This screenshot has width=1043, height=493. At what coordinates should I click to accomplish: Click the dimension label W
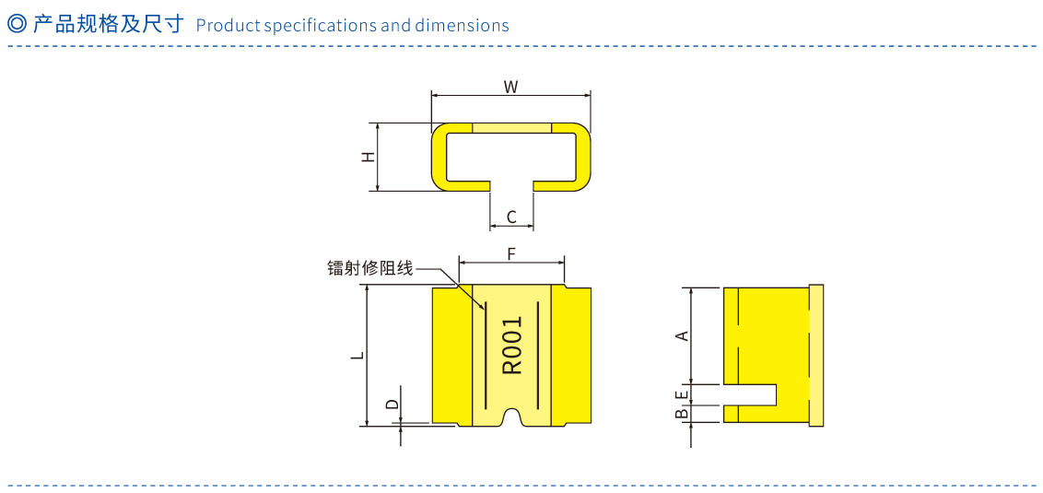click(510, 87)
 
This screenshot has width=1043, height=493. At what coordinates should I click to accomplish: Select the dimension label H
click(368, 157)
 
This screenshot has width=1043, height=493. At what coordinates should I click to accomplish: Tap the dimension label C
click(511, 217)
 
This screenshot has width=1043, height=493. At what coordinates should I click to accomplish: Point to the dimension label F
click(511, 252)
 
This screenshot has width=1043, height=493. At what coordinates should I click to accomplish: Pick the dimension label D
click(393, 404)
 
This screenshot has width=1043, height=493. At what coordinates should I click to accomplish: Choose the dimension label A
click(682, 335)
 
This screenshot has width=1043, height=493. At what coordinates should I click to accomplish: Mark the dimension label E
click(682, 394)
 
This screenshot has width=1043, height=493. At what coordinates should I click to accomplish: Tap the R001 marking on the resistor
click(512, 346)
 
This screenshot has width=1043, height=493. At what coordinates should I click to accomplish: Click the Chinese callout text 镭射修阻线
click(369, 269)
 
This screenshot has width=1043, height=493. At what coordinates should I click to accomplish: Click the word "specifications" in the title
click(320, 25)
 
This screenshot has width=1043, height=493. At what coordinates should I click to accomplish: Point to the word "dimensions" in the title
click(462, 25)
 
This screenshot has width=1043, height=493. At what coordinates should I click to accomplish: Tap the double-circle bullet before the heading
click(16, 24)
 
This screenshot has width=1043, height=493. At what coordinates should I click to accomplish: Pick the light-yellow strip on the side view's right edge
click(815, 355)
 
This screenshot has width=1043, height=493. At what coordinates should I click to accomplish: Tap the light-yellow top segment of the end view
click(511, 127)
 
